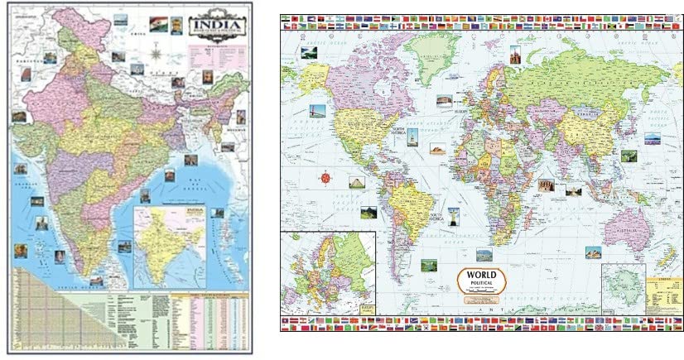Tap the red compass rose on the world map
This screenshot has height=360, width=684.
[324, 176]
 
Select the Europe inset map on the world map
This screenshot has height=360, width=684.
[328, 272]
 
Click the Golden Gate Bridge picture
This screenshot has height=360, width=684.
[317, 111]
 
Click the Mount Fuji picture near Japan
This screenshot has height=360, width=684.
[652, 139]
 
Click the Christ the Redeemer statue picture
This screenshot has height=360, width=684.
[454, 217]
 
